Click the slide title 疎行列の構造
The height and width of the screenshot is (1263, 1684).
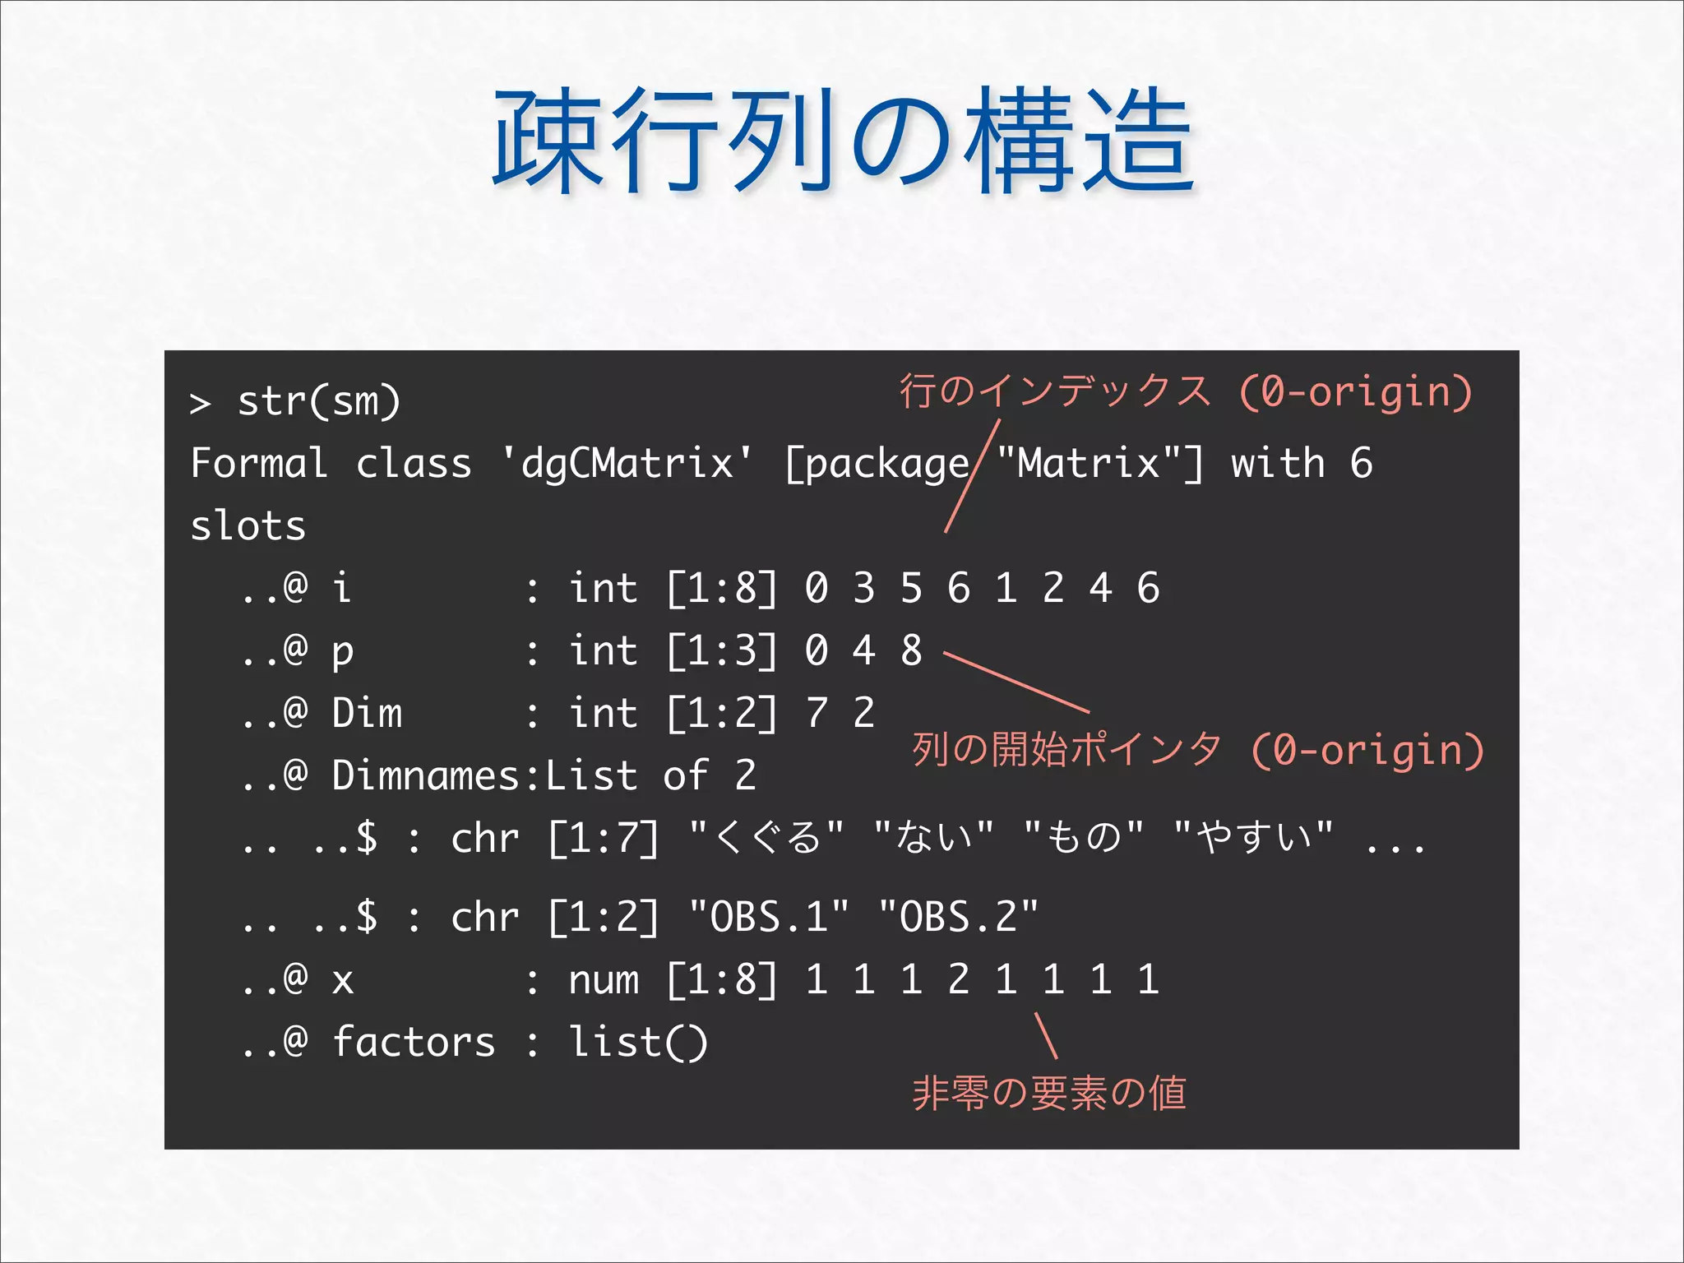tap(842, 141)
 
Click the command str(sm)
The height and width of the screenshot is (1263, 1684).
tap(319, 402)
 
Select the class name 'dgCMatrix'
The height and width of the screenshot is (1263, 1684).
tap(627, 463)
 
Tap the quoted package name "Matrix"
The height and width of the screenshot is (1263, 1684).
tap(1090, 463)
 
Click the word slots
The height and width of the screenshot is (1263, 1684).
tap(248, 526)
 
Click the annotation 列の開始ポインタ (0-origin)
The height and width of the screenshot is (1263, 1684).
tap(1197, 750)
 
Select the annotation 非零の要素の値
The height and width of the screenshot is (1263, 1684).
tap(1049, 1094)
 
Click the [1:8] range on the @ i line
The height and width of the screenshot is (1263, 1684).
tap(721, 589)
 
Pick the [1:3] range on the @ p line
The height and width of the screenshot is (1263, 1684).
tap(721, 651)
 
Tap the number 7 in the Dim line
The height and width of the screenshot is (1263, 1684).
tap(817, 713)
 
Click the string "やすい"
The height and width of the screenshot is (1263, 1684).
tap(1253, 838)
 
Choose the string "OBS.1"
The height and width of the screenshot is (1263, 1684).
tap(769, 917)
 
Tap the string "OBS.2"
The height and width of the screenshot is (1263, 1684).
tap(958, 917)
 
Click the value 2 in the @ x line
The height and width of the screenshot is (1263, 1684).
tap(959, 980)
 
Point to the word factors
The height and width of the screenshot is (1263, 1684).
tap(414, 1043)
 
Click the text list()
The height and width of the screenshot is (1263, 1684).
tap(638, 1043)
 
